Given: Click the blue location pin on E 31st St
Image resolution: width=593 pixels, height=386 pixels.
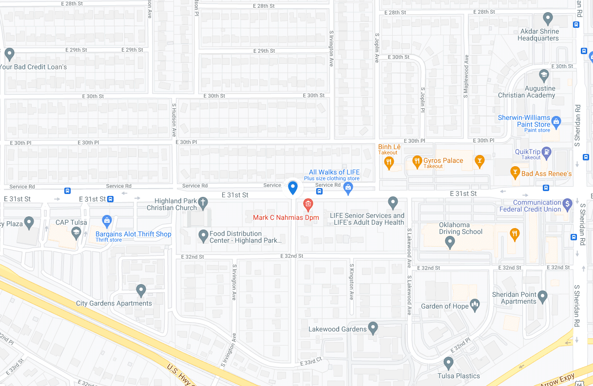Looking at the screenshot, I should point(293,187).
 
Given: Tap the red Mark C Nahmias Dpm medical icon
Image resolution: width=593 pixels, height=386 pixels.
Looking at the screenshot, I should point(308,203).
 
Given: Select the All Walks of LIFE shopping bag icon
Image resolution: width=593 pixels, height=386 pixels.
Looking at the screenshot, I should point(348,188).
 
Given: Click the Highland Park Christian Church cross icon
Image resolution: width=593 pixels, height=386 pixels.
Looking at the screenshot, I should point(203,202).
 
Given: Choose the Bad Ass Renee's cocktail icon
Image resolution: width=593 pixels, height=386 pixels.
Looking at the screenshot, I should point(515,172).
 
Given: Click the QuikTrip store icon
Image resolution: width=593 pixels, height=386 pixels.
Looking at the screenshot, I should point(546,152).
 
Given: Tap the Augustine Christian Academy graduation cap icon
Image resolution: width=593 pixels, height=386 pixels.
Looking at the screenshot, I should point(544,75).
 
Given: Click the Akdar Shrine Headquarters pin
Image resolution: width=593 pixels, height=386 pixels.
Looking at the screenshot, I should point(548,19).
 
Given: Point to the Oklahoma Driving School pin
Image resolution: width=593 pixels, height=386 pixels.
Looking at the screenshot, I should point(450,241).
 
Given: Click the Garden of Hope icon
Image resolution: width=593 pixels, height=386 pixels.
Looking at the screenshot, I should point(475,306).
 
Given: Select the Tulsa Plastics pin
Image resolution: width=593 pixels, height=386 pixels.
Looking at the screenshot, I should point(448,363).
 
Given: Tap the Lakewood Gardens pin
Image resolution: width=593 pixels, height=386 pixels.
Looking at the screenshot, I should point(373,328).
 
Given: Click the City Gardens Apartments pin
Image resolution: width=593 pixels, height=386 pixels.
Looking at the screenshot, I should point(141,290).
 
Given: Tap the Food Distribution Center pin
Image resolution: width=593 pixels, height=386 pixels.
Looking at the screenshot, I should point(204,236).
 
